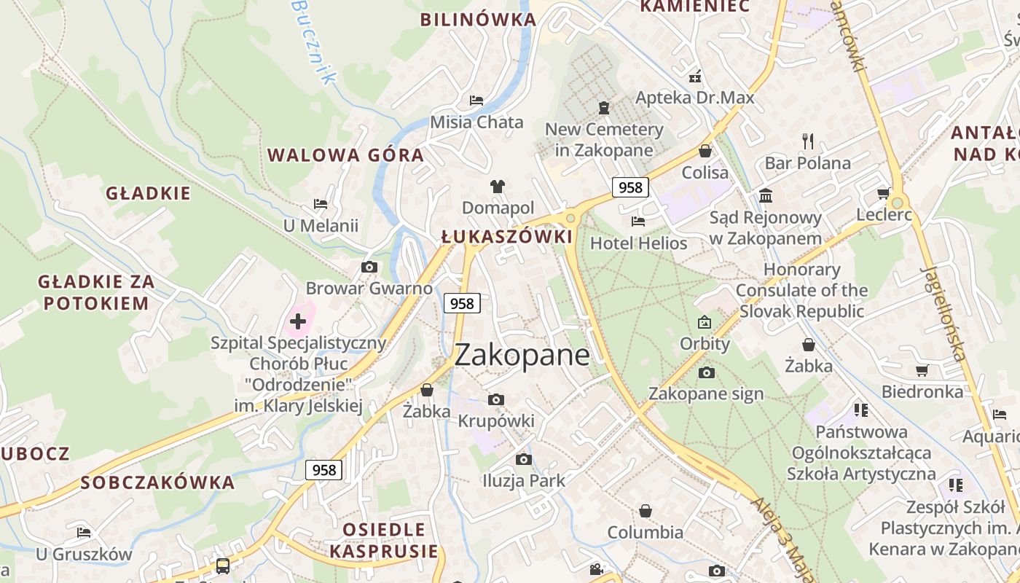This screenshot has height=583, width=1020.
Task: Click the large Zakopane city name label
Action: pyautogui.click(x=522, y=355)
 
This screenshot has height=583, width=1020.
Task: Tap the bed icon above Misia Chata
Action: pyautogui.click(x=476, y=101)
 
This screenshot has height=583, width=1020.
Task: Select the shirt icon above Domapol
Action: pyautogui.click(x=498, y=187)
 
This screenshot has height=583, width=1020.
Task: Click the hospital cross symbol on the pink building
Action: pyautogui.click(x=298, y=321)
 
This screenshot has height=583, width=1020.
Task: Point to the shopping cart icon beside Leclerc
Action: pyautogui.click(x=883, y=193)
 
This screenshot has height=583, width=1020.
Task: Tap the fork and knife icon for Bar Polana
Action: pyautogui.click(x=807, y=141)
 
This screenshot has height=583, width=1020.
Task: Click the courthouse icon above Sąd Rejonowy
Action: pyautogui.click(x=766, y=195)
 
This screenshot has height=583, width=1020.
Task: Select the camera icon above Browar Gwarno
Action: pyautogui.click(x=369, y=267)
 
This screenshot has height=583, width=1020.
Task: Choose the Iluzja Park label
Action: pyautogui.click(x=523, y=481)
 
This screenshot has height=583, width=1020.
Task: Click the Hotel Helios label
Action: pyautogui.click(x=638, y=243)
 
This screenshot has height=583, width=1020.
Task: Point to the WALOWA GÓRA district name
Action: pyautogui.click(x=345, y=155)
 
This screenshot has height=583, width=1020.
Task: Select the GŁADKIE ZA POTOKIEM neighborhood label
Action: pyautogui.click(x=95, y=292)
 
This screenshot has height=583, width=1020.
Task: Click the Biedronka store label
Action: pyautogui.click(x=922, y=392)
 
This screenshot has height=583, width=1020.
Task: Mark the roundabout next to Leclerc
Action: pyautogui.click(x=898, y=203)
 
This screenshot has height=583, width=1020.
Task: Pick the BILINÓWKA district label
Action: pyautogui.click(x=478, y=20)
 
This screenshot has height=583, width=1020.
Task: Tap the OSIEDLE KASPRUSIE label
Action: pyautogui.click(x=384, y=540)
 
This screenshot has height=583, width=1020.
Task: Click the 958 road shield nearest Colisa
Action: pyautogui.click(x=630, y=187)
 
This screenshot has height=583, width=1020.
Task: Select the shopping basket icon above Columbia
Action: pyautogui.click(x=645, y=511)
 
